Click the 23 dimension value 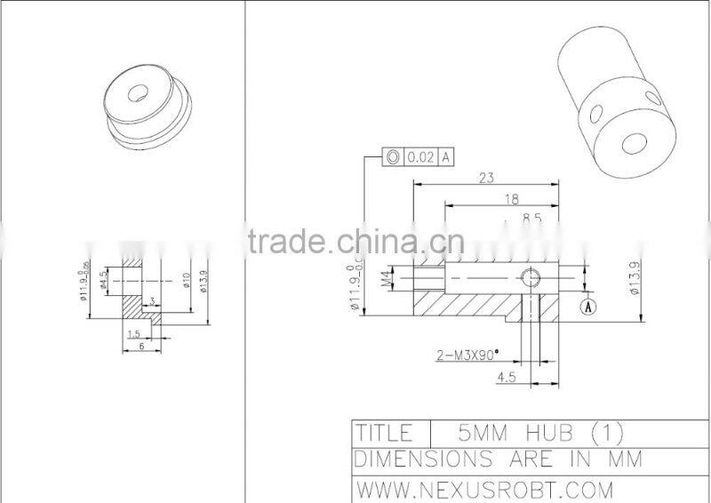coord(486,178)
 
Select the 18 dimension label coord(511,199)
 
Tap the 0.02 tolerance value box coord(420,157)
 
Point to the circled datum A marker coord(587,307)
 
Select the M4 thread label coord(387,281)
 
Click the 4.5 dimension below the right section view coord(507,376)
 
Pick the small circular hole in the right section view coord(532,278)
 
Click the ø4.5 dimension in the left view coord(104,281)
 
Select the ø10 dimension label coord(188,282)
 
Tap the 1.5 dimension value coord(134,333)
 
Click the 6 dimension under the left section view coord(140,347)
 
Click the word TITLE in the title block coord(384,433)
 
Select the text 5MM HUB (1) coord(539,433)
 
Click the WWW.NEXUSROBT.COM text coord(484,488)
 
